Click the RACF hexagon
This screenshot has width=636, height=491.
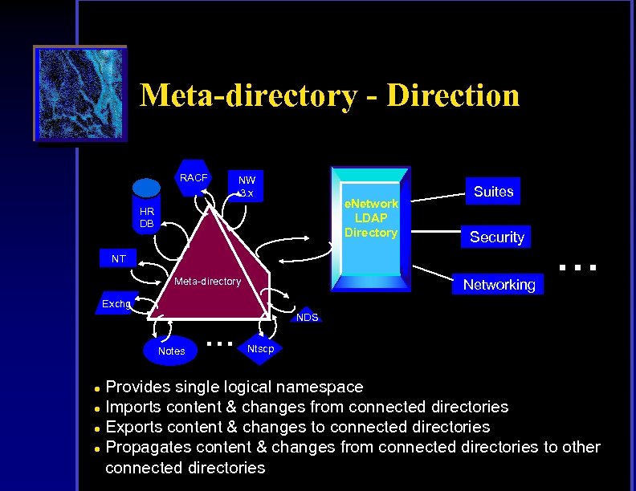(193, 177)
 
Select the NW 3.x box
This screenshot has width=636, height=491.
(247, 186)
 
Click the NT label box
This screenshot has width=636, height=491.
(118, 258)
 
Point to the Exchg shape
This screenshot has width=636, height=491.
(117, 304)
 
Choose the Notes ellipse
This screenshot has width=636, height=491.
(172, 351)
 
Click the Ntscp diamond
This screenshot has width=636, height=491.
(260, 348)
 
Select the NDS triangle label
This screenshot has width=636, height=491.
(306, 317)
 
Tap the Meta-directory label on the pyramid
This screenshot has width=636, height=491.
(208, 282)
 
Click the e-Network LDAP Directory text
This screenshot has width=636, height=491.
(371, 218)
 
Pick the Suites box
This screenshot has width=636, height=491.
(493, 192)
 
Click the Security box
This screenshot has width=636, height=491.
(496, 237)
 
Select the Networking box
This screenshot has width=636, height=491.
(499, 284)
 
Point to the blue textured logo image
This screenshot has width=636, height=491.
(79, 94)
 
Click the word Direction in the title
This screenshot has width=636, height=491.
(453, 95)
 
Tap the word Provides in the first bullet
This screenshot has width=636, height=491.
(138, 387)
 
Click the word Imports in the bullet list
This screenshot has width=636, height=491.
(134, 407)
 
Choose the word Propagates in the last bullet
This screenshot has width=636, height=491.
(147, 447)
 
